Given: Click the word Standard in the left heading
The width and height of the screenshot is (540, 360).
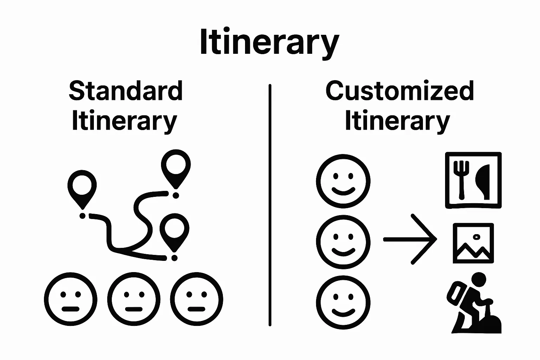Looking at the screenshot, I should click(x=126, y=91).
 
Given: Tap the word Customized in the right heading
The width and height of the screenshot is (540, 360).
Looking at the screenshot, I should click(x=400, y=91).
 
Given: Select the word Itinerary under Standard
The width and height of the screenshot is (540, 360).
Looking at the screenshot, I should click(x=124, y=121).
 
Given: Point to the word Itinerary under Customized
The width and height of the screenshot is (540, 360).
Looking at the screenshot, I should click(x=397, y=121).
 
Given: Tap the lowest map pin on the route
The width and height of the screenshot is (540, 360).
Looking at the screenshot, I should click(x=174, y=230).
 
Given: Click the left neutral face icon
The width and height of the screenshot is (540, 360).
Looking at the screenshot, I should click(x=71, y=300).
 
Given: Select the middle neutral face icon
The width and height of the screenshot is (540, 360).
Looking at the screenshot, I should click(x=134, y=300).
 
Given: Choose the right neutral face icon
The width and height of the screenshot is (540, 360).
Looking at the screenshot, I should click(x=197, y=300).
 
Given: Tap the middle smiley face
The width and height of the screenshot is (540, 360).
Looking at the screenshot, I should click(x=343, y=242).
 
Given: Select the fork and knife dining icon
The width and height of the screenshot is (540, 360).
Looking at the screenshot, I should click(x=473, y=180).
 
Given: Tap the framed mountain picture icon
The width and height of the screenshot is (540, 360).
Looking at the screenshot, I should click(x=473, y=243).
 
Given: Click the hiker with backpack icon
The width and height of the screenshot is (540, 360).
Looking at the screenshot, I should click(x=473, y=303).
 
